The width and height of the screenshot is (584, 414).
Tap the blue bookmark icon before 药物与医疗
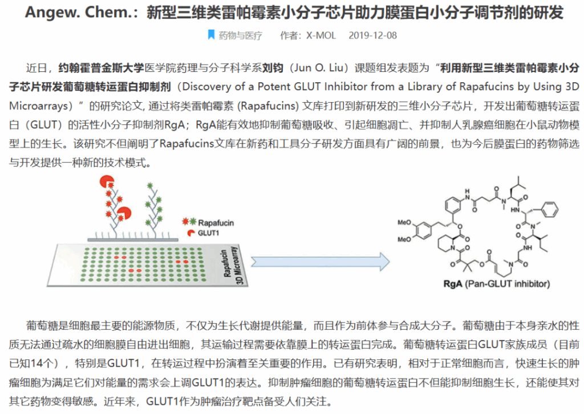click(212, 35)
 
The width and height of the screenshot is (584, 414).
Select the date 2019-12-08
click(372, 35)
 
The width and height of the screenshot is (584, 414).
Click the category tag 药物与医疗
click(241, 35)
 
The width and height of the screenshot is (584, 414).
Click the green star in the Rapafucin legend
click(192, 222)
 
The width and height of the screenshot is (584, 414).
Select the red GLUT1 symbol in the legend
click(187, 233)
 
